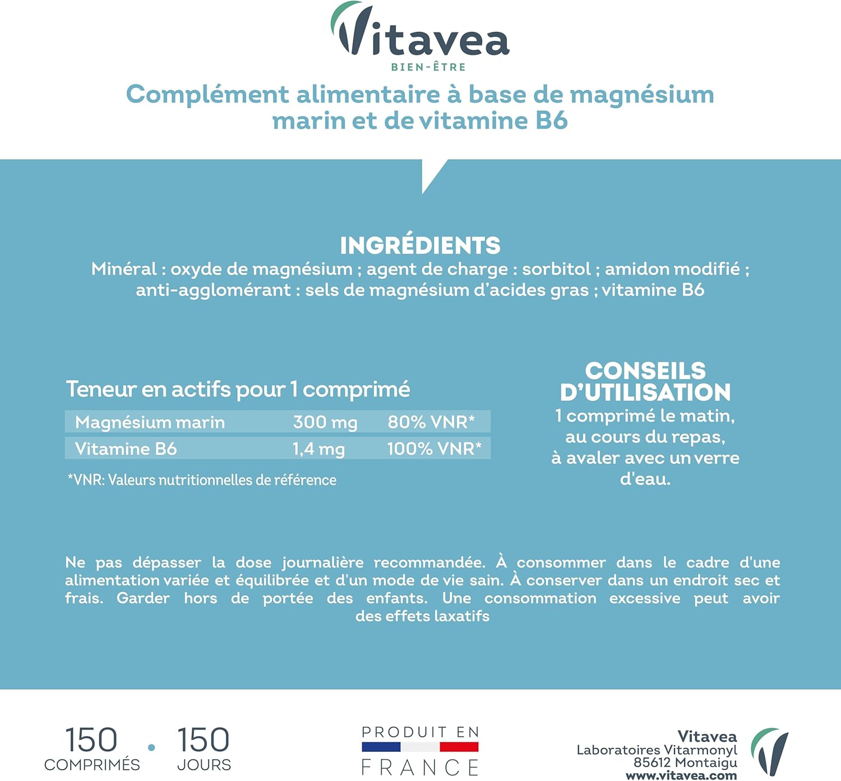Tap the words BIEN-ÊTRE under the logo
coord(428,67)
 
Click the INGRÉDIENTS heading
coord(420,246)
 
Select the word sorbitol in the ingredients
coord(556,269)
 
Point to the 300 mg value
coord(325,422)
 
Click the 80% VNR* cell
coord(431,422)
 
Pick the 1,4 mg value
coord(318,449)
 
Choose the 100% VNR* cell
coord(434,449)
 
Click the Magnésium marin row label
coord(150,422)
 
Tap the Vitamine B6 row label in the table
coord(126,449)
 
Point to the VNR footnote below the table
coord(202,480)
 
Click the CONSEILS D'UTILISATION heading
coord(645,381)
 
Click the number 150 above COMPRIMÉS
coord(91,740)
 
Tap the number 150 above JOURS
coord(203,740)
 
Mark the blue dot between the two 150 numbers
coord(151,747)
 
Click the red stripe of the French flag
coord(459,747)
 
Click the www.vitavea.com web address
coord(681,775)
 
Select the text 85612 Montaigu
coord(685,762)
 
